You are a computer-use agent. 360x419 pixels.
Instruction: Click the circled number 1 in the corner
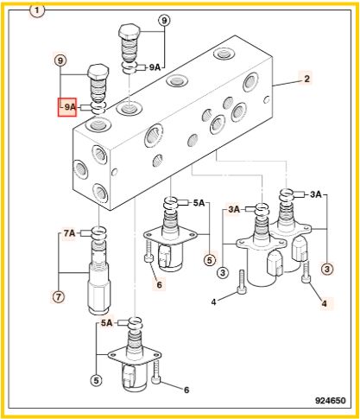(36, 11)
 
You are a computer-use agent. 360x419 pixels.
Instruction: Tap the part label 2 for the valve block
(306, 79)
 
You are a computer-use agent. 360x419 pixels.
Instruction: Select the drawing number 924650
(330, 401)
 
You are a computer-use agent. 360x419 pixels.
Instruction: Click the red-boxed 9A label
(69, 107)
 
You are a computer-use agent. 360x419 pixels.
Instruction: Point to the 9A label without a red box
(155, 67)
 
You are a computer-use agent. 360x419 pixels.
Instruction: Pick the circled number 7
(59, 296)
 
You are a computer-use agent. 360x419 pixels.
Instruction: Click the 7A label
(69, 233)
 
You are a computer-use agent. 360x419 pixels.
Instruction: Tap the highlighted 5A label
(106, 323)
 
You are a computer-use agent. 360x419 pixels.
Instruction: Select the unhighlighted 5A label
(199, 203)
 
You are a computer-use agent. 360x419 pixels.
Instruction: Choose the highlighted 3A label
(234, 209)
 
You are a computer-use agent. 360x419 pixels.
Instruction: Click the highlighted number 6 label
(159, 285)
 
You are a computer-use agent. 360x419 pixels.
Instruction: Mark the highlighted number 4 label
(325, 303)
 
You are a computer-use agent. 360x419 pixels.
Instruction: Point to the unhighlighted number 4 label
(213, 302)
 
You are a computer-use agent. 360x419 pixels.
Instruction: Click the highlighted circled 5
(210, 260)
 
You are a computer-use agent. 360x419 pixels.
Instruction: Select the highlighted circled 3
(327, 270)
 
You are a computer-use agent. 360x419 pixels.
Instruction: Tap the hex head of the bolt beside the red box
(98, 72)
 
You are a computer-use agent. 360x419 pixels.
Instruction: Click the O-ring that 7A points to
(99, 232)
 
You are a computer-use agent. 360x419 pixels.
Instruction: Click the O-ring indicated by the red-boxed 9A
(99, 107)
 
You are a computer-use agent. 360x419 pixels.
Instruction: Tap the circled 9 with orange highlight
(60, 60)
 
